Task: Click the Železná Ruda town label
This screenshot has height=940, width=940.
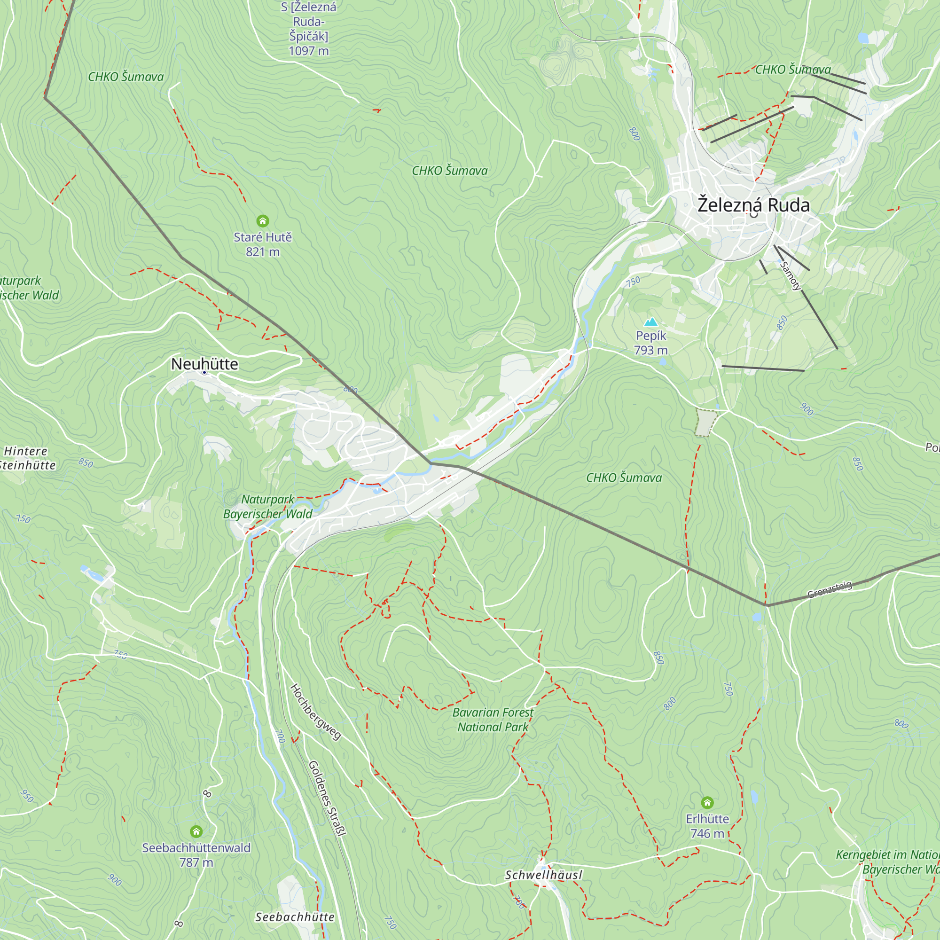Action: [x=753, y=205]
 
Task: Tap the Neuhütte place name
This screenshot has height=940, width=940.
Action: [x=204, y=364]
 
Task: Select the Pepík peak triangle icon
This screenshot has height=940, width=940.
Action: [x=650, y=322]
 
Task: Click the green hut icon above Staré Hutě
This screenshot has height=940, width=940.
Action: [x=263, y=221]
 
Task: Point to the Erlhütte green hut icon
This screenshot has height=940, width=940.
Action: [x=707, y=802]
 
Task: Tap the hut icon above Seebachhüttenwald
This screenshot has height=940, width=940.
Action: [x=196, y=831]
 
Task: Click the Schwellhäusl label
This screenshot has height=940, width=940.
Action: [x=543, y=875]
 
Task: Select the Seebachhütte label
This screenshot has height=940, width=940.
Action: [x=295, y=917]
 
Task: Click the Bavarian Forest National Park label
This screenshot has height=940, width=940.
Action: [x=493, y=720]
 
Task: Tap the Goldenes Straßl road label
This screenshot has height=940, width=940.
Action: [x=328, y=798]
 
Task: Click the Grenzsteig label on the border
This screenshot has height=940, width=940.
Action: [x=830, y=589]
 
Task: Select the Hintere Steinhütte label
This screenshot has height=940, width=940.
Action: [x=27, y=458]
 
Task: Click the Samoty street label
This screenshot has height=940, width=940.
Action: [x=790, y=276]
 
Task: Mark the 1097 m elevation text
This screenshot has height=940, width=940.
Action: [x=308, y=51]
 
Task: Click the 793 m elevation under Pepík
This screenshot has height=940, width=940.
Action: [x=650, y=350]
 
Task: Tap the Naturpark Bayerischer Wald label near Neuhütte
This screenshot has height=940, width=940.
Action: [x=267, y=507]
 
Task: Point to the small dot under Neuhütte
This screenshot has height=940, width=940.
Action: [x=204, y=373]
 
